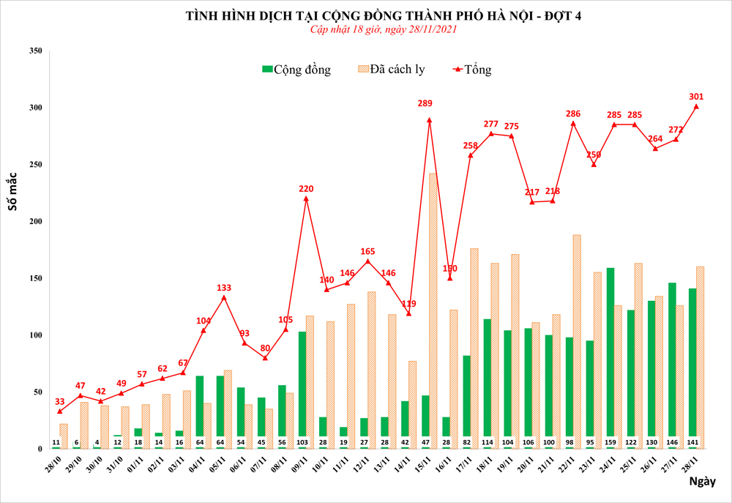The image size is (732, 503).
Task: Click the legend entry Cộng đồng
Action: (x=296, y=70)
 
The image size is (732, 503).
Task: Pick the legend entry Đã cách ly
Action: (x=391, y=70)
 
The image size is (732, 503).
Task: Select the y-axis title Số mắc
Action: (x=12, y=193)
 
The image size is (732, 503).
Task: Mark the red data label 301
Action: (x=696, y=96)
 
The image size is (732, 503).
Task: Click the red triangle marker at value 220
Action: (x=306, y=198)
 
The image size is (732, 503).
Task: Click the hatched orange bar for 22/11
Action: (x=577, y=341)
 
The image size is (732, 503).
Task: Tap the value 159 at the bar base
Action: (x=610, y=442)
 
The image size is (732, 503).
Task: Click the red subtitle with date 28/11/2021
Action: (x=384, y=29)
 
